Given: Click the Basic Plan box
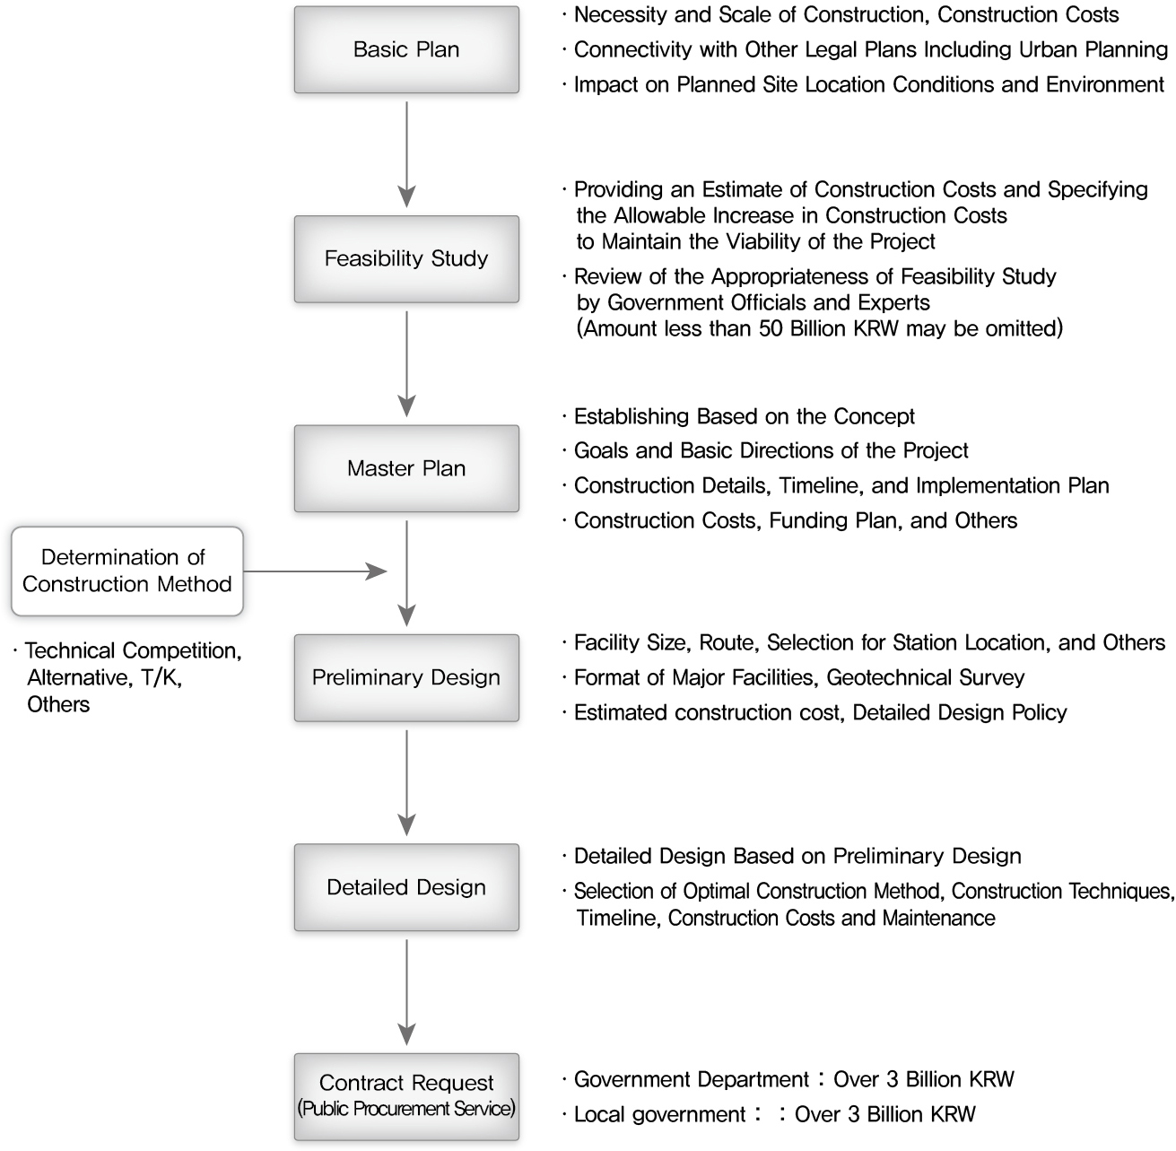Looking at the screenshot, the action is (x=406, y=49).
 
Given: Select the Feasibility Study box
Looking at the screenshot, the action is (x=406, y=258).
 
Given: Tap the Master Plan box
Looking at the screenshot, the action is (x=406, y=468).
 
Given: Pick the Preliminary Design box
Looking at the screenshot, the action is (x=406, y=677).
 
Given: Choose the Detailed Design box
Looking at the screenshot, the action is (x=406, y=887).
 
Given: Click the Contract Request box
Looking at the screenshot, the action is (x=406, y=1096).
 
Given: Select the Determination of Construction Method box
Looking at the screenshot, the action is (x=126, y=571).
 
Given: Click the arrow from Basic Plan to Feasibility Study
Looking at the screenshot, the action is (x=406, y=154).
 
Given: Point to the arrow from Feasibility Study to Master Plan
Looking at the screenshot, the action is (x=406, y=364).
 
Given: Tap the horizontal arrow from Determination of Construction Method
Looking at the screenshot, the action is (x=315, y=571).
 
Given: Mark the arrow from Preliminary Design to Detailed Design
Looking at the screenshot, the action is (x=406, y=783).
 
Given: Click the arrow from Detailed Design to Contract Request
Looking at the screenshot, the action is (x=406, y=992).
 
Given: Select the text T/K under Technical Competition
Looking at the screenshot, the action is (x=161, y=677).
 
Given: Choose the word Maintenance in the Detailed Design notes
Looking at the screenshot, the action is (x=939, y=918).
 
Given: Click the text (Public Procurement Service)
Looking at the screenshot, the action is (x=406, y=1109).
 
